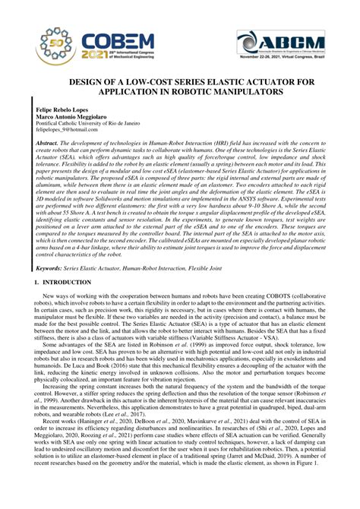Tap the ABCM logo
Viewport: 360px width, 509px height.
283,41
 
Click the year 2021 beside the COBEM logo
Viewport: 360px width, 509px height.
86,54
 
